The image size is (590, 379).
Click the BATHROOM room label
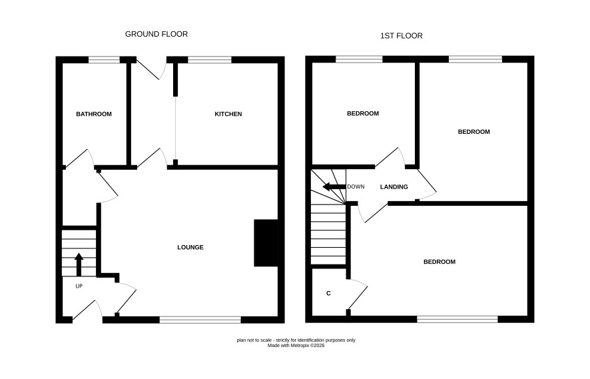coord(94,114)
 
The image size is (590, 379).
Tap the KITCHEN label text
coord(228,114)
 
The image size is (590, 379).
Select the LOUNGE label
coord(190,247)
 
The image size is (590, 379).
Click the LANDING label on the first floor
coord(394,187)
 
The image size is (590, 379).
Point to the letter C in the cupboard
coord(328,293)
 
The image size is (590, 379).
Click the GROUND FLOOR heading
coord(156,34)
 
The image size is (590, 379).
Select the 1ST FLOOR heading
coord(402,36)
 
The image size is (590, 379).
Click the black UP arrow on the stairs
coord(79,264)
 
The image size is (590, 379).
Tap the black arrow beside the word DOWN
coord(334,187)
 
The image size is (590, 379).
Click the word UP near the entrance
coord(79,286)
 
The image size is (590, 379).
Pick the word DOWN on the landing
coord(356,187)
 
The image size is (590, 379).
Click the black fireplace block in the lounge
coord(266,242)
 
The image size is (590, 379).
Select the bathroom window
coord(105,59)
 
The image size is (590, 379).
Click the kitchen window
coord(210,59)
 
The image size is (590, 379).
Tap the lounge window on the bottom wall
coord(200,320)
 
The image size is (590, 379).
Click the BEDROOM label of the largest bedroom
coord(440,262)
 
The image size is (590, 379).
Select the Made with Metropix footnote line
coord(296,346)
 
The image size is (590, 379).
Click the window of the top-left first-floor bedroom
coord(359,59)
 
